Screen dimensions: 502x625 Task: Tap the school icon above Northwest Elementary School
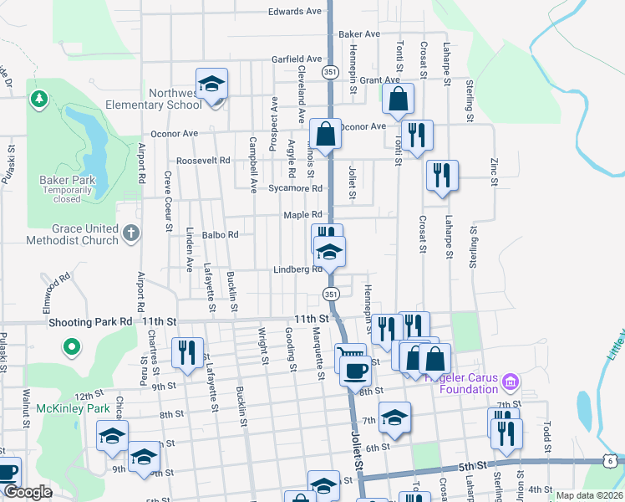click(212, 85)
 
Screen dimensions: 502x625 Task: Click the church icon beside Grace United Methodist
click(131, 234)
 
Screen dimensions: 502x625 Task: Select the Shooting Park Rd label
click(91, 320)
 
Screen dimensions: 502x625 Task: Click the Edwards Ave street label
click(295, 12)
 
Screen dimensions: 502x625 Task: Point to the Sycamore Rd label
click(295, 189)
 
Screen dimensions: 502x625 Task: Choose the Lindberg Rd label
click(298, 269)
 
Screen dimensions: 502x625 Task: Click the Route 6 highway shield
click(612, 460)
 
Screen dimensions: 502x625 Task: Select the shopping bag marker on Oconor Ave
click(323, 134)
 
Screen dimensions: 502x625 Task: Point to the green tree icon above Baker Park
click(38, 100)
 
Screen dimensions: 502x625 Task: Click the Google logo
click(28, 492)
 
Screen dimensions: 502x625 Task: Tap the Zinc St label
click(495, 172)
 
